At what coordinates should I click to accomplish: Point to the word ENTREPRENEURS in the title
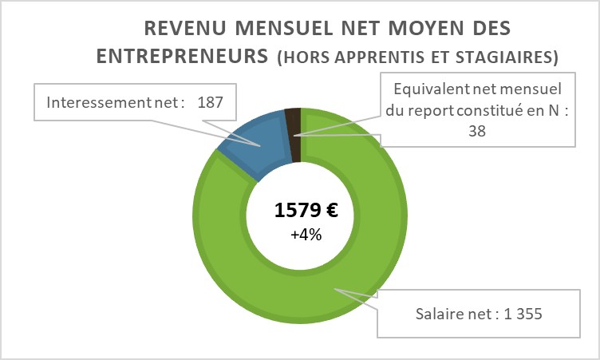coord(183,57)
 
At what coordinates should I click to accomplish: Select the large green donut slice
coord(375,263)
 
